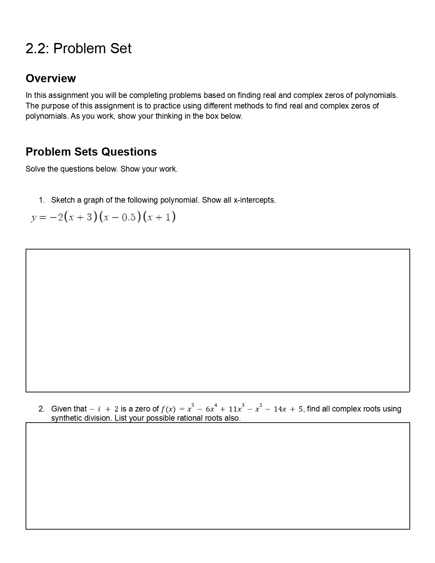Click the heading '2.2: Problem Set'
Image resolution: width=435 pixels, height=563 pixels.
tap(78, 49)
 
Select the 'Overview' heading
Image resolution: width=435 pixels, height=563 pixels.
tap(51, 78)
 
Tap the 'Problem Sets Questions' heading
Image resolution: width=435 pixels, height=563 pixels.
tap(91, 152)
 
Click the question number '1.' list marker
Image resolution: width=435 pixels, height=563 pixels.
tap(42, 200)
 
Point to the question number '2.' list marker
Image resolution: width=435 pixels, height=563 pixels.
tap(42, 409)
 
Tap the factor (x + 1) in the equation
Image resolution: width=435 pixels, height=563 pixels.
tap(159, 217)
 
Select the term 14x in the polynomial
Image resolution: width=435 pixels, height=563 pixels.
tap(280, 409)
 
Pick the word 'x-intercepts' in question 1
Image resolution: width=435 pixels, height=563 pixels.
tap(254, 200)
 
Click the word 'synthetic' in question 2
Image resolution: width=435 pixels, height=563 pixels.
tap(66, 418)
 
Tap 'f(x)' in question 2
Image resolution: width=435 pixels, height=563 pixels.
tap(168, 409)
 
